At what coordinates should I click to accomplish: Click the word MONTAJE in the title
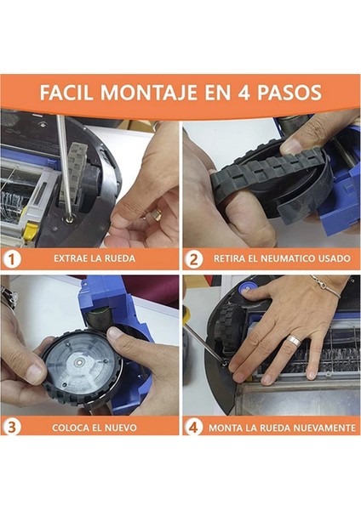pos(148,93)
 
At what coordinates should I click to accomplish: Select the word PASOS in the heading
pos(289,93)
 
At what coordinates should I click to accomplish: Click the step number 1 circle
pos(12,259)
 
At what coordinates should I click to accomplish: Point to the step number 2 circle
pos(194,259)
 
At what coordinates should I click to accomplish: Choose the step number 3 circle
pos(12,427)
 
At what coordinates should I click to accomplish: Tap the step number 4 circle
pos(193,427)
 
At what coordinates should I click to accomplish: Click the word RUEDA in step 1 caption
pos(120,258)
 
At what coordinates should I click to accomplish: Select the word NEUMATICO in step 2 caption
pos(288,258)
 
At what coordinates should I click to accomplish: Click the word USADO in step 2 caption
pos(335,258)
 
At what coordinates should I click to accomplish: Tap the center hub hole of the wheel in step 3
pos(79,362)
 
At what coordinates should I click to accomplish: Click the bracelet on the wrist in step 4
pos(326,286)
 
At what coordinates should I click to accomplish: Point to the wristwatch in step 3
pos(9,297)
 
